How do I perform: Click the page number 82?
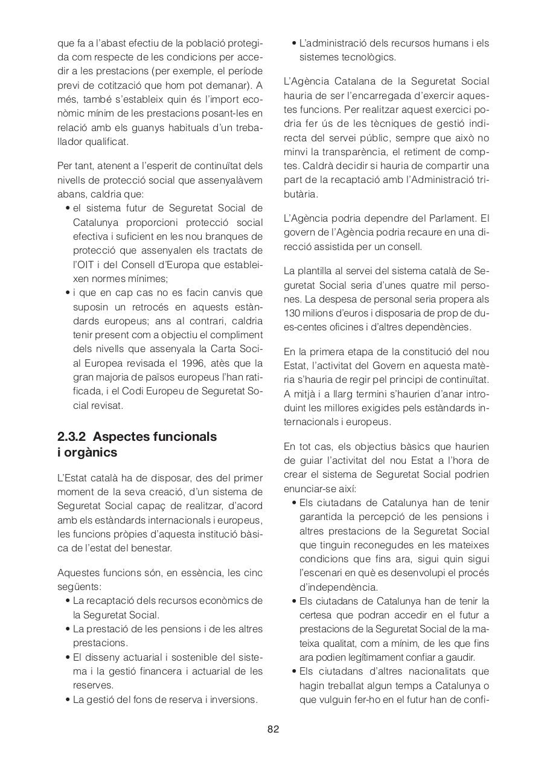[273, 729]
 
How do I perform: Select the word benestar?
[152, 548]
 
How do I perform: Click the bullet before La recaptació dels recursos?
[68, 601]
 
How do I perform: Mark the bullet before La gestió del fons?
[68, 700]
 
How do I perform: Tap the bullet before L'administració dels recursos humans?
[294, 43]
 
